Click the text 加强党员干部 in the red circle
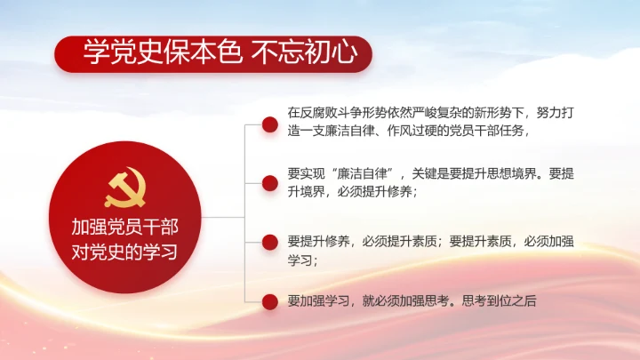124,227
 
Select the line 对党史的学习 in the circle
124,252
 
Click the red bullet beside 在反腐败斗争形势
267,121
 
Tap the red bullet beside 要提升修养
267,241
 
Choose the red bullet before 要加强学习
267,301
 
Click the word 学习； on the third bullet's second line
303,261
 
